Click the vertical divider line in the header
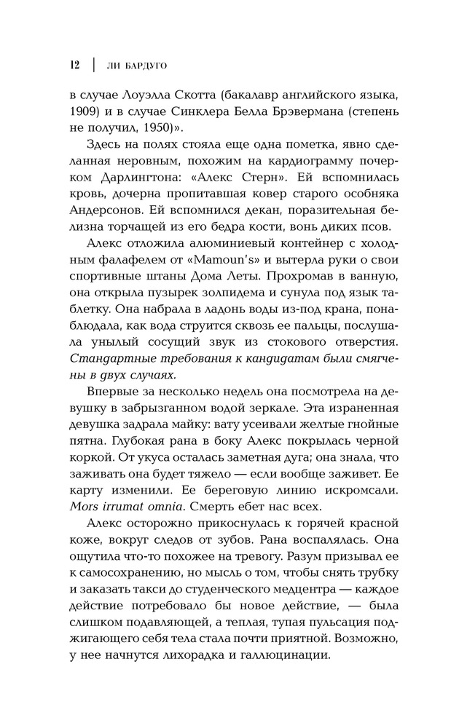[x=93, y=63]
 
